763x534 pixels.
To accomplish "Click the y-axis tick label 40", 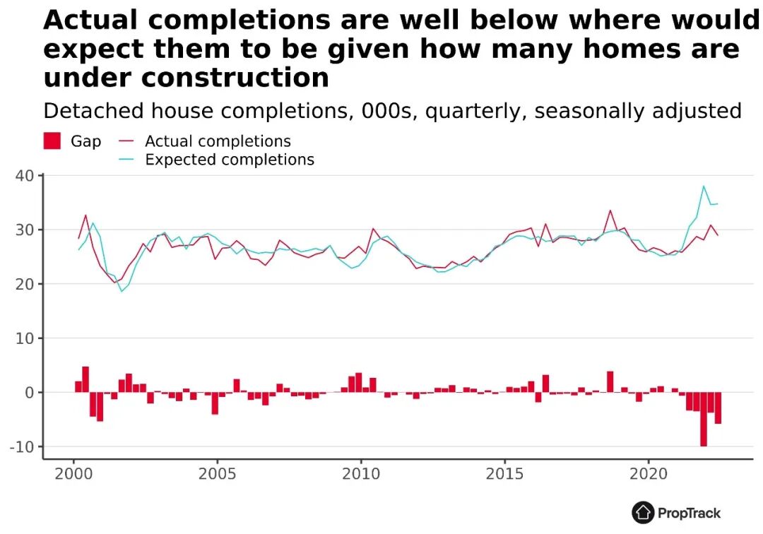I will [23, 176].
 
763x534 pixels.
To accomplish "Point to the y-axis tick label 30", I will [23, 230].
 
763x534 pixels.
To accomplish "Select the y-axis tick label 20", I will [23, 284].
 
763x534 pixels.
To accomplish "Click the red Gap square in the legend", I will [52, 141].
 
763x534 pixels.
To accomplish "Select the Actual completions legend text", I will [218, 141].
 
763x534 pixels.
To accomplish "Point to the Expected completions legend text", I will [230, 160].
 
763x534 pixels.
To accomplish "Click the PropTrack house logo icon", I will [643, 512].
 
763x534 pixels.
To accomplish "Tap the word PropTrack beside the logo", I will [689, 513].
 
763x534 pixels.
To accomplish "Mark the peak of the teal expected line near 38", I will [704, 186].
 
